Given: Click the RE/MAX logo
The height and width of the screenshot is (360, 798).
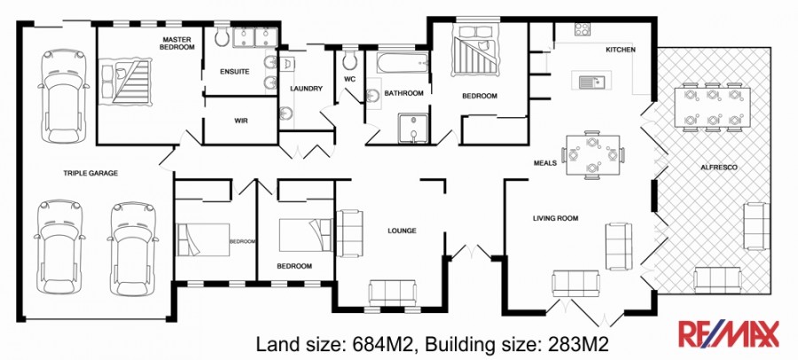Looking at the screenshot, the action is (x=728, y=334).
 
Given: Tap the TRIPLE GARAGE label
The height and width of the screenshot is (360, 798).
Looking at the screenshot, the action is (x=90, y=173).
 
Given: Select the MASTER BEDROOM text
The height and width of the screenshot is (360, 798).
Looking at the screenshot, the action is (x=177, y=43).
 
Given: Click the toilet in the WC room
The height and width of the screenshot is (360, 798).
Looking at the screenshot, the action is (x=349, y=59).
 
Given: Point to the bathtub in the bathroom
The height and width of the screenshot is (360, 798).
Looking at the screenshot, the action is (x=403, y=61).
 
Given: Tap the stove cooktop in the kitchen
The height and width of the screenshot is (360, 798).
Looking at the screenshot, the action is (x=583, y=29).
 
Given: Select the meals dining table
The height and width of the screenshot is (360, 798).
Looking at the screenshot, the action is (x=592, y=155).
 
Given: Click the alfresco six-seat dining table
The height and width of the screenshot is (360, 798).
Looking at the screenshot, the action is (x=712, y=107).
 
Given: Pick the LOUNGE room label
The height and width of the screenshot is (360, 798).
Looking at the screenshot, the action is (x=402, y=231).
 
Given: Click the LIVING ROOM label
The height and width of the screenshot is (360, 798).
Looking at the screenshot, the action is (x=555, y=218).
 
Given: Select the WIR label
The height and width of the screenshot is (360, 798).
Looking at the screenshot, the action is (x=241, y=121).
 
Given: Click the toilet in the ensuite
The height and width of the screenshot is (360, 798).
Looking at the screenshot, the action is (x=222, y=35).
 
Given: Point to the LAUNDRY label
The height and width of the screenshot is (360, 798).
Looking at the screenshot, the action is (x=307, y=89).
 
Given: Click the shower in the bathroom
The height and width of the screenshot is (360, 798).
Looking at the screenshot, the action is (x=414, y=129).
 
